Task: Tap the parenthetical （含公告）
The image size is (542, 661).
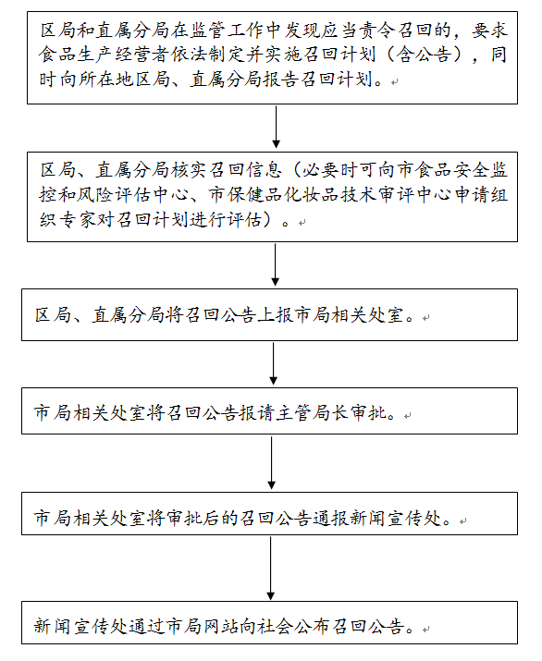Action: coord(423,55)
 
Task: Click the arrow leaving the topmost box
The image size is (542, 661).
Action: coord(276,127)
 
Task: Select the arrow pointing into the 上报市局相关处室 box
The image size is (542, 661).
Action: coord(275,264)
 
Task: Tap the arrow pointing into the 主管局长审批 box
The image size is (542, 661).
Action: coord(274,363)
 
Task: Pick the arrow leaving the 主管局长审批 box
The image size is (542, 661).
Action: coord(272,463)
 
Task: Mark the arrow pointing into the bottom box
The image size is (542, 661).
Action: coord(271,568)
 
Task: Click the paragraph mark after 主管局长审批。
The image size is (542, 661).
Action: coord(407,416)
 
